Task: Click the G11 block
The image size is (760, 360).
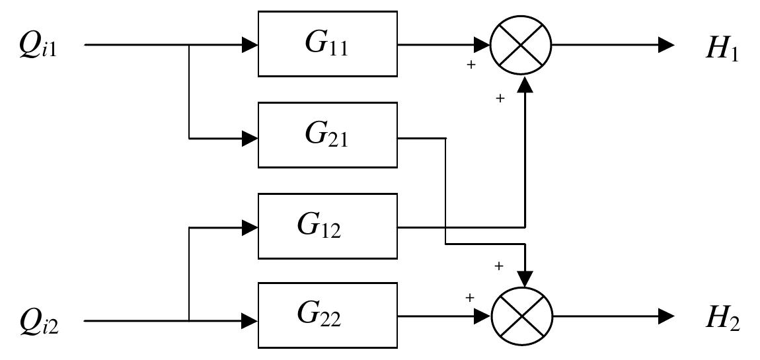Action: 327,44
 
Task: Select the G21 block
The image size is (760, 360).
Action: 327,135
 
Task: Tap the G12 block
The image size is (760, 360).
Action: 327,226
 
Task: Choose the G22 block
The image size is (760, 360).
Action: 327,315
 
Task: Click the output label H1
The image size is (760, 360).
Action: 722,49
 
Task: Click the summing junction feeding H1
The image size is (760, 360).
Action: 521,45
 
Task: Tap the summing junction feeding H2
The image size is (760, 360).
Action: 522,316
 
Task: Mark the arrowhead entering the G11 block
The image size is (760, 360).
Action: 250,45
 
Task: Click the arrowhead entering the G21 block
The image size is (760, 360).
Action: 250,139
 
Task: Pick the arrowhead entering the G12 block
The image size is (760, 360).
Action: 250,228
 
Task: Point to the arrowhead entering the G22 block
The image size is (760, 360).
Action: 250,321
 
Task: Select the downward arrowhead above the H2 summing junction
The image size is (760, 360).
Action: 525,278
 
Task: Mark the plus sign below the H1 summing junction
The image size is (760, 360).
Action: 500,98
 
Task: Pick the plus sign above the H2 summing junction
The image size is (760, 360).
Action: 499,266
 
